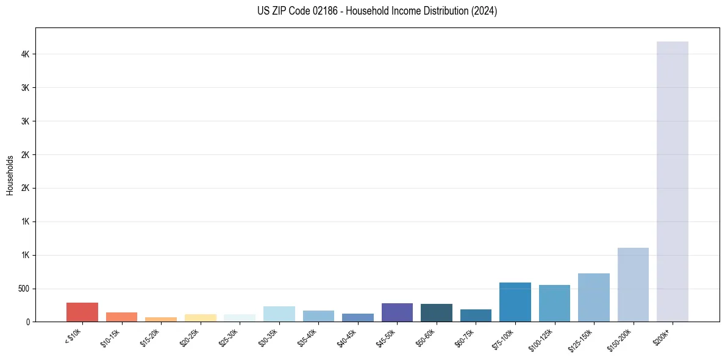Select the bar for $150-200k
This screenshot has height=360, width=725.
[x=633, y=284]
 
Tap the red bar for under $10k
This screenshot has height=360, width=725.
[x=82, y=312]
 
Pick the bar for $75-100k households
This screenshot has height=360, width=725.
[x=515, y=302]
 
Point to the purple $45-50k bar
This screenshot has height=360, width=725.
[x=397, y=312]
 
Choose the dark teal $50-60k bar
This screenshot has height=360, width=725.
[x=437, y=312]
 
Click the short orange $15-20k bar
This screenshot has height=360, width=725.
[x=161, y=319]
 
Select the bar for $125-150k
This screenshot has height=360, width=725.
[x=594, y=297]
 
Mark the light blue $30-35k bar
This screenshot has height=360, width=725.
[x=279, y=314]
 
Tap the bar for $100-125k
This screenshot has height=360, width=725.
[x=554, y=303]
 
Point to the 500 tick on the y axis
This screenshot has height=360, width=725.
[x=23, y=289]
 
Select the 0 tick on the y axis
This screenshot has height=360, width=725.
[x=27, y=322]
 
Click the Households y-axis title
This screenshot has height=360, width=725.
[x=10, y=175]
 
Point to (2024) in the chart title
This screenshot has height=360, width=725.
[x=484, y=11]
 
